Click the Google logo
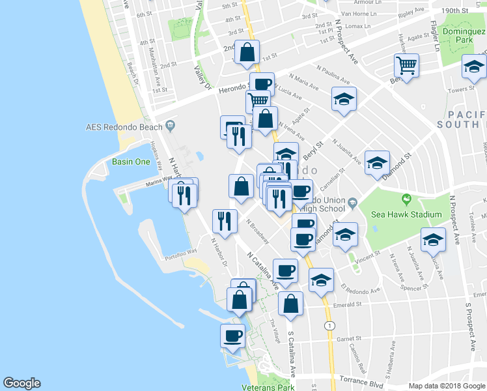click(21, 383)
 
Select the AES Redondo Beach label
click(125, 126)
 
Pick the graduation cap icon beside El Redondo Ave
click(321, 280)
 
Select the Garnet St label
click(350, 339)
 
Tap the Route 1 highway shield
click(330, 325)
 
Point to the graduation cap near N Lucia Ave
click(344, 99)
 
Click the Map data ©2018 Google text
click(447, 386)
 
